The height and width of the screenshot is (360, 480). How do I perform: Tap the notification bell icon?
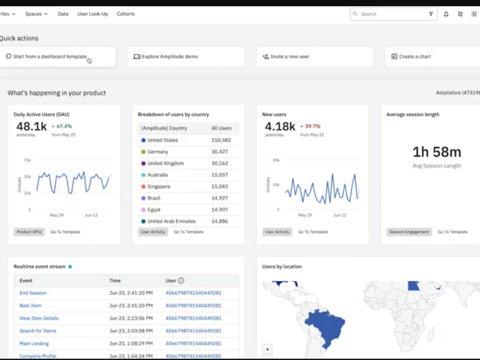pos(446,14)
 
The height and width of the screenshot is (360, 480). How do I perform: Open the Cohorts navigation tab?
pos(126,14)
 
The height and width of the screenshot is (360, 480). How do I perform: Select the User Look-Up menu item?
pos(92,14)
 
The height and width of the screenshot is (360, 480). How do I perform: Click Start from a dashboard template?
pos(49,57)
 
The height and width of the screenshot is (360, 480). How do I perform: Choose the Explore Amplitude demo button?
pos(169,57)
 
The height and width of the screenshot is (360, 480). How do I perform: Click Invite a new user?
pos(289,57)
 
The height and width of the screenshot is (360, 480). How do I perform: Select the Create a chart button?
pos(415,57)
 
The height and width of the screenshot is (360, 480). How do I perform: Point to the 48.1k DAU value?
pos(31,126)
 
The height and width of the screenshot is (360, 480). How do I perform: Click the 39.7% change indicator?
pos(312,126)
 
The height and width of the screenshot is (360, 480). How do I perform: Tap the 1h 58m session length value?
pos(437,152)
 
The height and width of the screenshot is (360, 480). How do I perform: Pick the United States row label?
pos(163,140)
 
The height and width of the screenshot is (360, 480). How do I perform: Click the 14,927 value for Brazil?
pos(220,198)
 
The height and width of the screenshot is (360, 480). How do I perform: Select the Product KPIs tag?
pos(29,232)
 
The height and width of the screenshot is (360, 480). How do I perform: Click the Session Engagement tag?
pos(409,232)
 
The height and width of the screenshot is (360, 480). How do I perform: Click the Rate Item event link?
pos(30,306)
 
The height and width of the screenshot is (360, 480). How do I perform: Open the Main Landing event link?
pos(34,344)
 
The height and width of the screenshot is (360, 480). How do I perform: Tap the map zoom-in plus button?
pos(267,349)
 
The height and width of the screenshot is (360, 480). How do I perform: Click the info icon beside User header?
pos(181,281)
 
